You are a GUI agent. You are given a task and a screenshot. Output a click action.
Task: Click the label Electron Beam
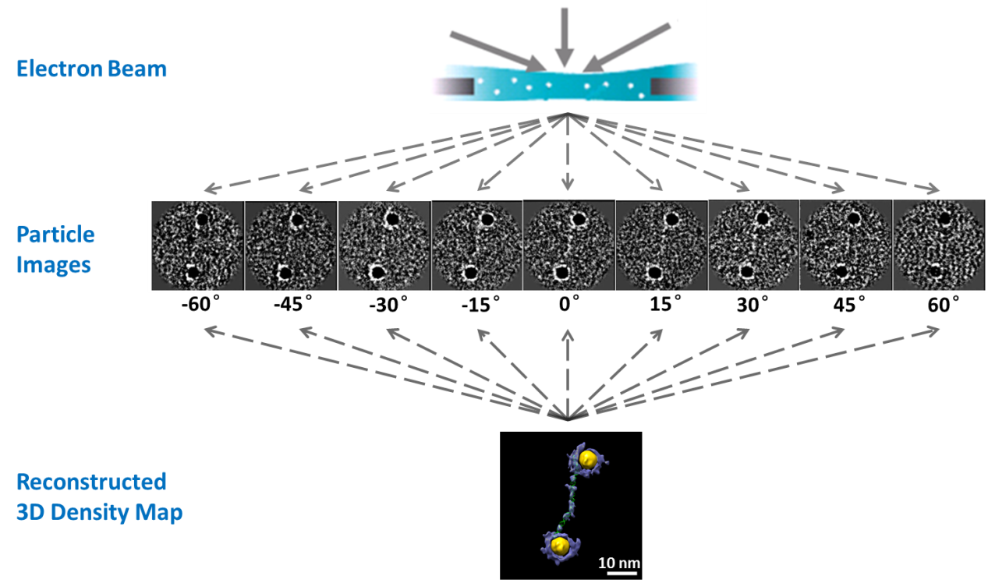(91, 69)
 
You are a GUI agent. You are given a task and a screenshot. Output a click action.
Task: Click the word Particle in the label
(55, 235)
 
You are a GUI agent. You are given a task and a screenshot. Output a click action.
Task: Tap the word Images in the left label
(54, 265)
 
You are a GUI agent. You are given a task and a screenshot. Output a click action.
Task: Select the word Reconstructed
(91, 482)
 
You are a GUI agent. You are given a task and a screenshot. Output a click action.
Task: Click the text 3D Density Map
(99, 514)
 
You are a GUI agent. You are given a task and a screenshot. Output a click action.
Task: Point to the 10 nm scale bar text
(618, 562)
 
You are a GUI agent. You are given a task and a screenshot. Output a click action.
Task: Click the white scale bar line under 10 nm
(618, 574)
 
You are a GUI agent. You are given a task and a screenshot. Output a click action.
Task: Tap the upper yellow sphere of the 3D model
(589, 460)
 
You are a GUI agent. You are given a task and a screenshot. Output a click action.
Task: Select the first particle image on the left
(197, 246)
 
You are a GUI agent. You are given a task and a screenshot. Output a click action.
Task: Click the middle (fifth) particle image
(568, 246)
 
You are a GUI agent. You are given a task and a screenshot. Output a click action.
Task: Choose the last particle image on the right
(938, 246)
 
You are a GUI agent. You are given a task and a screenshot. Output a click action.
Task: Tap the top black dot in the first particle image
(202, 220)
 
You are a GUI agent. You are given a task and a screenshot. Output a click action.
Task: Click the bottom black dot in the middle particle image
(560, 274)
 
